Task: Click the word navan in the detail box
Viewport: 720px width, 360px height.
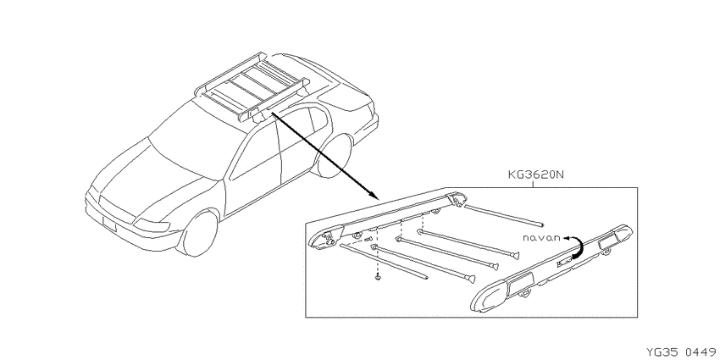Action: [542, 237]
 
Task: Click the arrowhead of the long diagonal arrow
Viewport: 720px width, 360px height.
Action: [374, 196]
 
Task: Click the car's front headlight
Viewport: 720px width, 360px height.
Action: [152, 225]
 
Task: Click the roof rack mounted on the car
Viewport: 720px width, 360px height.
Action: [252, 87]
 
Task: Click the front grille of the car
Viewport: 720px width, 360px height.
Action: [116, 208]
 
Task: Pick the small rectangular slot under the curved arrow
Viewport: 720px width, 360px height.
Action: [563, 263]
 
